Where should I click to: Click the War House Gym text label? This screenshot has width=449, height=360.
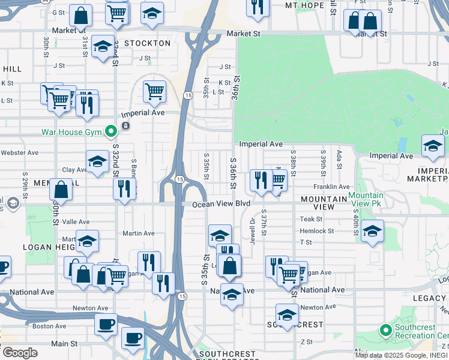coord(70,132)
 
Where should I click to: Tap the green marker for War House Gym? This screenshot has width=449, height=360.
coord(110,131)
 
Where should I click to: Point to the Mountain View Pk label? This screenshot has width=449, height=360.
coord(366,200)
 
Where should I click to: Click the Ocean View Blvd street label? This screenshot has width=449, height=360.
coord(220,205)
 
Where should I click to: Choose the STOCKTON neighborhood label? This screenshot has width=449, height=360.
coord(147,44)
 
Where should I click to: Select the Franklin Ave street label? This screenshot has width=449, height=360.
coord(331,187)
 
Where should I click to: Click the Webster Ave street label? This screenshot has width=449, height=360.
coord(19,153)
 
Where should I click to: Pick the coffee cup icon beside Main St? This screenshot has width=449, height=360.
coord(133,337)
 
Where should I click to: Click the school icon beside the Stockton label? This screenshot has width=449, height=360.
coord(103,46)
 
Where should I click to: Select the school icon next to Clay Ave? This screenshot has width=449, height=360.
coord(97,161)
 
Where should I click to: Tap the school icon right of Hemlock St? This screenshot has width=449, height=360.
coord(372,231)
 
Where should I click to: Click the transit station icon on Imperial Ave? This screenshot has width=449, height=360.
coord(126,125)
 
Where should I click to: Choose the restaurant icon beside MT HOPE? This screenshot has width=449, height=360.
coord(258,7)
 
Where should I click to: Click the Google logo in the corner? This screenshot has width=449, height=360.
coord(20,352)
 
